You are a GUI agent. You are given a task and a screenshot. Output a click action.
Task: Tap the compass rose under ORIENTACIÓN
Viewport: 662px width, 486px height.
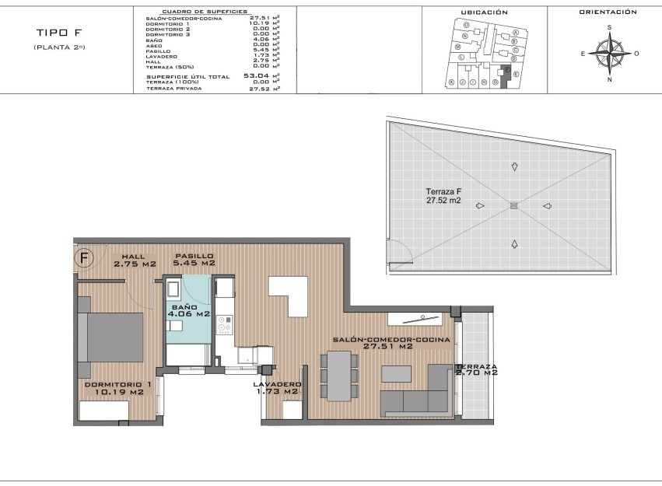coord(608,54)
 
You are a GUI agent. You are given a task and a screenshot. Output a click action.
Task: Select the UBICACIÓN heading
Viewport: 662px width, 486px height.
coord(484,12)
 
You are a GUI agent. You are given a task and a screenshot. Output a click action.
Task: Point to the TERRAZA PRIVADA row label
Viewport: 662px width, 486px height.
coord(173,89)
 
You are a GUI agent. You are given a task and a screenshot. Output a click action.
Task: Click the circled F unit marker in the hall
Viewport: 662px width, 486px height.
coord(84,257)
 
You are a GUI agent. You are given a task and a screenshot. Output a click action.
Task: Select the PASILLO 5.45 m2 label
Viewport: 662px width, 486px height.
coord(194,260)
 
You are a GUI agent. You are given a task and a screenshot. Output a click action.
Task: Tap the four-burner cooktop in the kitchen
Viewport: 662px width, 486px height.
coord(225,327)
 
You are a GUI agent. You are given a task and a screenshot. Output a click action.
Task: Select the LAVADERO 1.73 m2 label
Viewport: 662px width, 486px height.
coord(278,388)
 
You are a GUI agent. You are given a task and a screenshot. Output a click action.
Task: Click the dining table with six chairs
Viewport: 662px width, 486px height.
coord(339,376)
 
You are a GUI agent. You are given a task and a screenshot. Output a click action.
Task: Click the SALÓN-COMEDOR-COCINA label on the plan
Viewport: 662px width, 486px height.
coord(391,344)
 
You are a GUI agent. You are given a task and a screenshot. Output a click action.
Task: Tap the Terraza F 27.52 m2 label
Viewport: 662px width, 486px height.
coord(443,195)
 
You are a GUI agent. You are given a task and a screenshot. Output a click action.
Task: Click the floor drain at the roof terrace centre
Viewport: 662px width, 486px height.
coord(513,205)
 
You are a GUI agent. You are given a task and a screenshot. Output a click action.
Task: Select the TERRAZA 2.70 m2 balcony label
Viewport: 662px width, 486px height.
coord(475,369)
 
